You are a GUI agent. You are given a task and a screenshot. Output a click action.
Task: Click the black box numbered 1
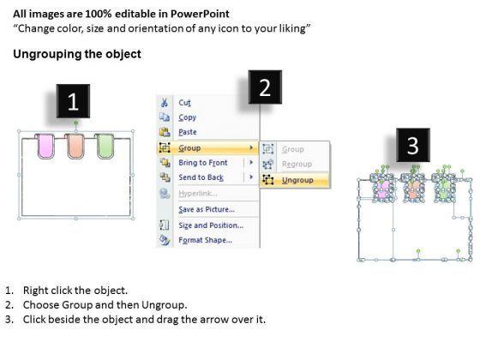tap(73, 101)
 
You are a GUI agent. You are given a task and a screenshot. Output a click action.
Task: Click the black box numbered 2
tap(265, 87)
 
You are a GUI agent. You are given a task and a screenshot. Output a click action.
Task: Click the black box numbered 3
tap(413, 145)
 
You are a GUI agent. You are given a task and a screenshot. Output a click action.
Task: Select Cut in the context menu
tap(184, 103)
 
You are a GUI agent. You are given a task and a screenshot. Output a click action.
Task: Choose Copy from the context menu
tap(188, 117)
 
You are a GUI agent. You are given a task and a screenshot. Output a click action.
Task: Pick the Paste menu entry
tap(188, 132)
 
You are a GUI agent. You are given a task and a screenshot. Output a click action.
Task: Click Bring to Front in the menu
tap(203, 163)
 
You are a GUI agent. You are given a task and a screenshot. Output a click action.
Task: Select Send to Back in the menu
tap(201, 177)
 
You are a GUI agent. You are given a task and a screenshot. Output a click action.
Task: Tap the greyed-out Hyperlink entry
tap(198, 194)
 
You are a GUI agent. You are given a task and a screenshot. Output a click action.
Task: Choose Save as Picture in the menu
tap(207, 209)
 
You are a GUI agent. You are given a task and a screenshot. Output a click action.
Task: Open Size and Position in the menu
tap(211, 225)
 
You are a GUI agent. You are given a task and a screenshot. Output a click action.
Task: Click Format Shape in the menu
tap(205, 240)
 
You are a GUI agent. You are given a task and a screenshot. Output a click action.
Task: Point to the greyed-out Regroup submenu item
tap(297, 165)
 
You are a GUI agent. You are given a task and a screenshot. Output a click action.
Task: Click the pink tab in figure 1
tap(46, 147)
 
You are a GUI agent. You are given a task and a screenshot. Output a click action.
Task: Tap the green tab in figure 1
tap(105, 147)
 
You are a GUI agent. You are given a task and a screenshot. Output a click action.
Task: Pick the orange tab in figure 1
tap(75, 147)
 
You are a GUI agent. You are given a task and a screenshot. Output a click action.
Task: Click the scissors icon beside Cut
tap(165, 103)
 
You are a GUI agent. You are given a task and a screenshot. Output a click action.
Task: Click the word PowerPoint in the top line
tap(200, 14)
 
